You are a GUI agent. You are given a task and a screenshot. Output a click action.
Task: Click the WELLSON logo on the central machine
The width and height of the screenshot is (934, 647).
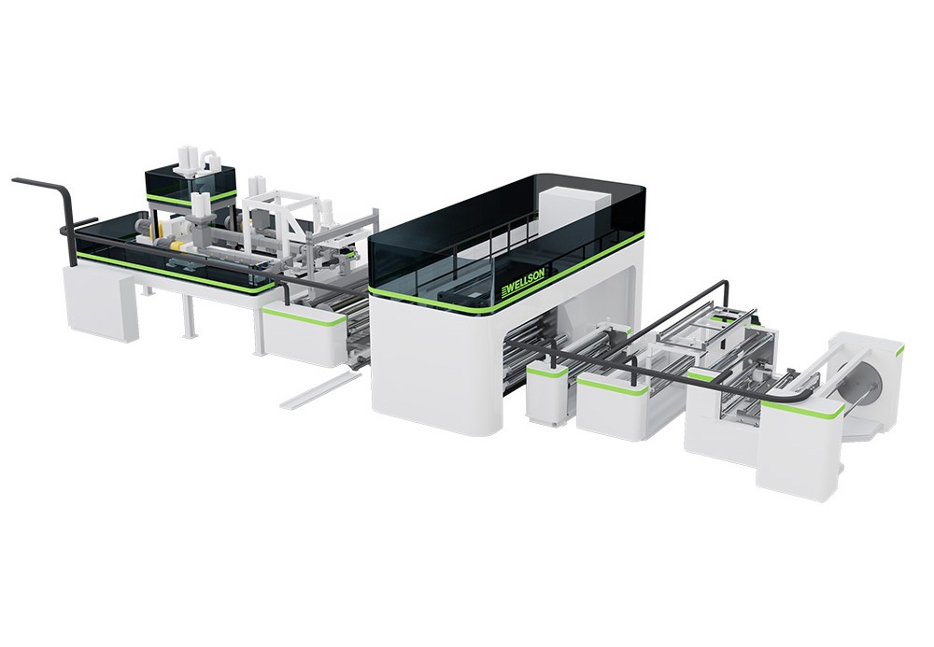(x=523, y=288)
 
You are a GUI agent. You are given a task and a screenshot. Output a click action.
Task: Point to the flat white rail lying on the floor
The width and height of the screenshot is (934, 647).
(x=318, y=391)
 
